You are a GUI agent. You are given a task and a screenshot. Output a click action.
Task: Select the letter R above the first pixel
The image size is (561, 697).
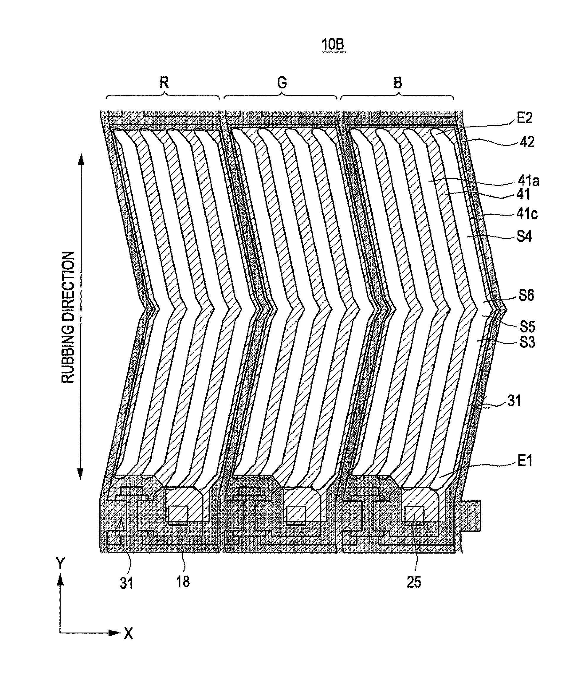click(x=164, y=83)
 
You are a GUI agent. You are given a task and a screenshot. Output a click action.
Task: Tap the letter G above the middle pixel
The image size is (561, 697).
click(x=282, y=83)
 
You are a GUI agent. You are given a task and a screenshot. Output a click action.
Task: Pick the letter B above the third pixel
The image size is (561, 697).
click(x=398, y=83)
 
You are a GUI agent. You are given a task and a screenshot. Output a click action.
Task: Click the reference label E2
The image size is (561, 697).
click(x=524, y=118)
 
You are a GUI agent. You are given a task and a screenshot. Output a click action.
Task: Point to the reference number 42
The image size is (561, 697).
click(x=527, y=142)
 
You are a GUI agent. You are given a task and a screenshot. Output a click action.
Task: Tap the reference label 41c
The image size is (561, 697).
click(x=527, y=214)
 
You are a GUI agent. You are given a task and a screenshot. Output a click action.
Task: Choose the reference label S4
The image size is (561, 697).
click(x=524, y=237)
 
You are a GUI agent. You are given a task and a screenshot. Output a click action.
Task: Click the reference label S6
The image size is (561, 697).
click(x=526, y=295)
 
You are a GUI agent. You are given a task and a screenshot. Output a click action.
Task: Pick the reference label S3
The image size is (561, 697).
click(x=527, y=342)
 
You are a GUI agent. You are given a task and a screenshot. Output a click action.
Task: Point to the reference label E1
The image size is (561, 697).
click(x=524, y=461)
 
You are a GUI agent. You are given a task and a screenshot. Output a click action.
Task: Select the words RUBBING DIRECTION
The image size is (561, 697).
click(x=68, y=317)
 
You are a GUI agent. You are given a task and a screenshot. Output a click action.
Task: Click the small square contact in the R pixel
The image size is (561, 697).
click(x=177, y=514)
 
